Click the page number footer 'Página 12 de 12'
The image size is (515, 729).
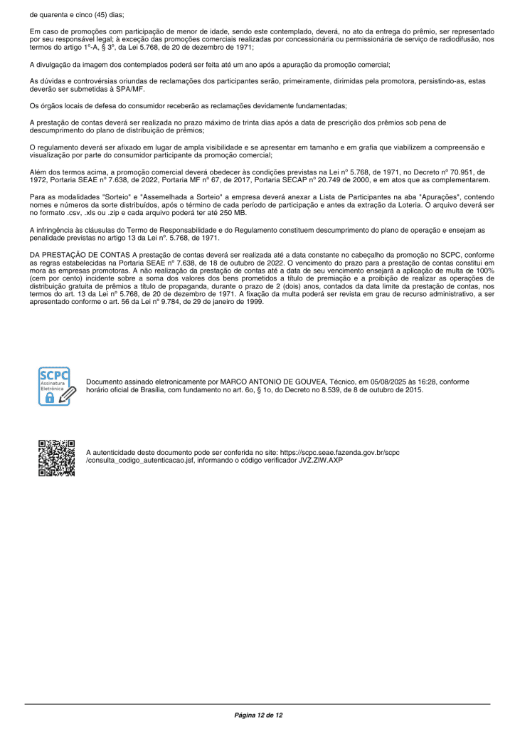(258, 714)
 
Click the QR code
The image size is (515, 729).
(56, 458)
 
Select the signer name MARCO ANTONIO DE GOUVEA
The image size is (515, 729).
(264, 382)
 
